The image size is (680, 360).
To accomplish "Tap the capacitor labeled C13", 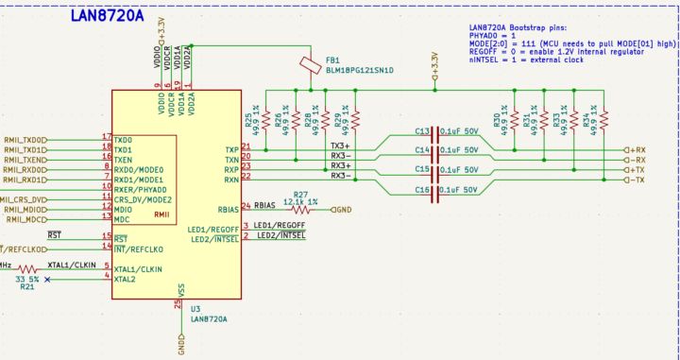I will pyautogui.click(x=422, y=131).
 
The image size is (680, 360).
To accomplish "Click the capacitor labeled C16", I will pyautogui.click(x=422, y=190).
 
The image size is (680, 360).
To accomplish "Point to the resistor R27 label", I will pyautogui.click(x=300, y=194).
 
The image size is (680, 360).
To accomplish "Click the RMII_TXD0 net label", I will pyautogui.click(x=25, y=139).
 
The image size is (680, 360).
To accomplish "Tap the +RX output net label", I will pyautogui.click(x=635, y=149).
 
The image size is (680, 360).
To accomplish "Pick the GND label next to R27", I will pyautogui.click(x=342, y=209).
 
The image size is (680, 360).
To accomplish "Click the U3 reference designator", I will pyautogui.click(x=195, y=309).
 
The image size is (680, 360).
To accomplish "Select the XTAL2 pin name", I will pyautogui.click(x=125, y=280).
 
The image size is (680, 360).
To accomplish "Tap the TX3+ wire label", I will pyautogui.click(x=340, y=146).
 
